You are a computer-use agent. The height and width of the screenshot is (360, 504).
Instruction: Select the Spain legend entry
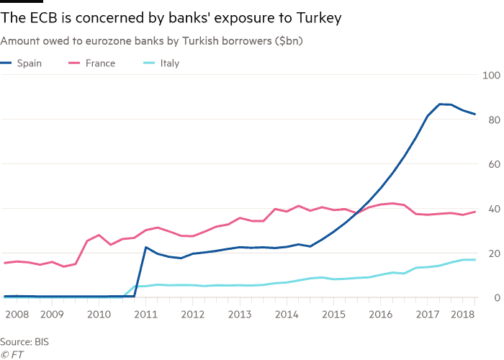point(29,63)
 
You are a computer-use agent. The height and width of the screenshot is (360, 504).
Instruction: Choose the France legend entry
point(99,63)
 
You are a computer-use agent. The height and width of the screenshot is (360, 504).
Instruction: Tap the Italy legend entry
point(169,63)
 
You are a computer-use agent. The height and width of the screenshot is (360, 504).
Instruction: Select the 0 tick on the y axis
point(496,298)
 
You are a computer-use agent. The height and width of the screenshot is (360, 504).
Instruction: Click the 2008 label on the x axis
point(17,315)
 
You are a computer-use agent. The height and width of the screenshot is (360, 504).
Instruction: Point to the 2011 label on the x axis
point(145,315)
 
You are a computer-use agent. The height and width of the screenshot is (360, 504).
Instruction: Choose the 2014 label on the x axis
point(287,315)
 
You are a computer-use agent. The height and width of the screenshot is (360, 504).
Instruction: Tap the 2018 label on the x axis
point(464,315)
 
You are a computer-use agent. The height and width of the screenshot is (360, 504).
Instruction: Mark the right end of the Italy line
point(475,259)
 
